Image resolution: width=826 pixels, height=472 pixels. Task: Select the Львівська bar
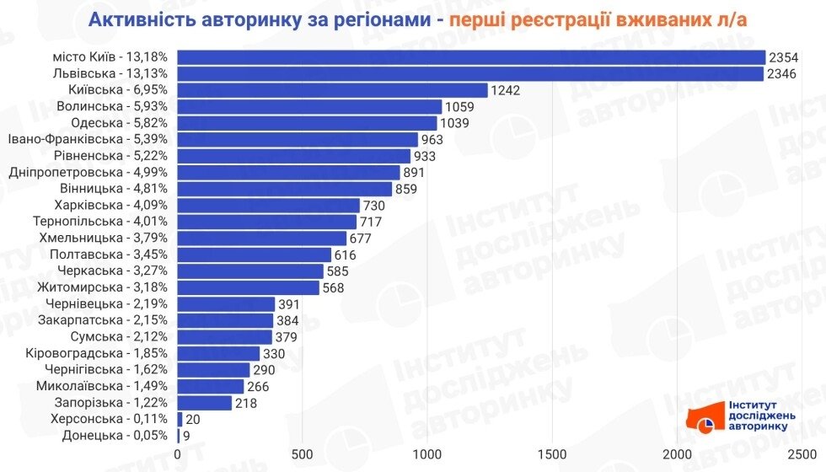click(x=469, y=74)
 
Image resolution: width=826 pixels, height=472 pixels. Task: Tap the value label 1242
click(x=507, y=90)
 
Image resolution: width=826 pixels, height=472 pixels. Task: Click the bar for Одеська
click(x=307, y=123)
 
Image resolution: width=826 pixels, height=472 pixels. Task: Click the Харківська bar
click(x=268, y=206)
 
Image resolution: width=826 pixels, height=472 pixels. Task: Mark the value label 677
click(x=365, y=239)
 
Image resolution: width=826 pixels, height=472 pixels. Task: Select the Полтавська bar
click(x=254, y=255)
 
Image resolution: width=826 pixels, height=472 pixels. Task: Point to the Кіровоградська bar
click(x=218, y=353)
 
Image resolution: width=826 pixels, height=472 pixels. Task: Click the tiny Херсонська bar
click(x=180, y=419)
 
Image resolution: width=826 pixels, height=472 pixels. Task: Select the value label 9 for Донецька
click(x=186, y=436)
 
